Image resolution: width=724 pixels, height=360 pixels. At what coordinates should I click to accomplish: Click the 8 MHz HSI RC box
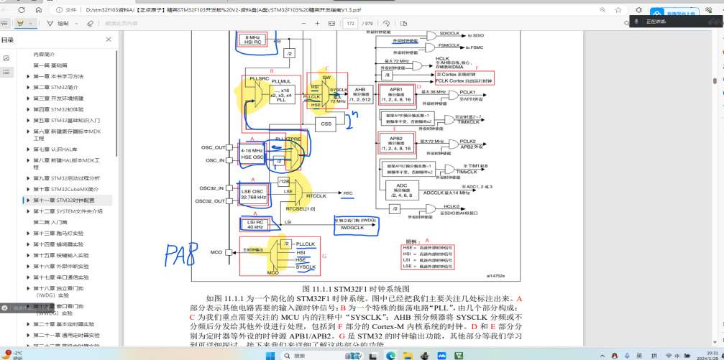click(252, 39)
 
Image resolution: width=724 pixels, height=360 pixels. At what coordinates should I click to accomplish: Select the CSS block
click(327, 123)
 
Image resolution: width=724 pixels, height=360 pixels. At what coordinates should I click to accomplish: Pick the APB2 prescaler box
click(395, 142)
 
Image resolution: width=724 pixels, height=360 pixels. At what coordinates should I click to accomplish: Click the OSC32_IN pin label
click(212, 188)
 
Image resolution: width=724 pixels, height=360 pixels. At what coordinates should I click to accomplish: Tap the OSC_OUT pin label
click(213, 147)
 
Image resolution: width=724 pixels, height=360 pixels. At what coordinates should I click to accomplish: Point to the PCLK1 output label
click(467, 92)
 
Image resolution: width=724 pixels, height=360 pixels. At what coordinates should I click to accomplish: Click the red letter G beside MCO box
click(324, 255)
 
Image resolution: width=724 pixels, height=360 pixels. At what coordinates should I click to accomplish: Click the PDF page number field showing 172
click(351, 24)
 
